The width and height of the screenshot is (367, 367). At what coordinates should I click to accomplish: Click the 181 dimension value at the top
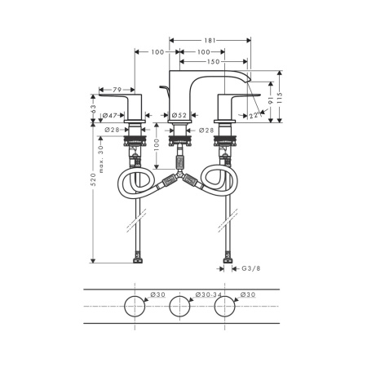210,41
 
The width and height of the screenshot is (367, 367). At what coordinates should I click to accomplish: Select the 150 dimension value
214,62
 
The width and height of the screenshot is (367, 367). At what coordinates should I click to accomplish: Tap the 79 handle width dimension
117,90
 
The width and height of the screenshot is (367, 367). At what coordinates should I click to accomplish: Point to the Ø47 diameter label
110,116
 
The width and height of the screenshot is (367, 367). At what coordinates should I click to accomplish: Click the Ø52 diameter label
179,115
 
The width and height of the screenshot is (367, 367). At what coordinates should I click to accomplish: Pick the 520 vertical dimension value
93,179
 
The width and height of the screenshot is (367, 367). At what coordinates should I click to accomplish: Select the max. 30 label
101,159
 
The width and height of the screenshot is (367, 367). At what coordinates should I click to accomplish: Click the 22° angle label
255,116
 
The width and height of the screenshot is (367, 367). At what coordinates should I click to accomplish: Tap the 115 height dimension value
280,98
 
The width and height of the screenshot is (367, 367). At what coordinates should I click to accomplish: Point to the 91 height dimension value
271,100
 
